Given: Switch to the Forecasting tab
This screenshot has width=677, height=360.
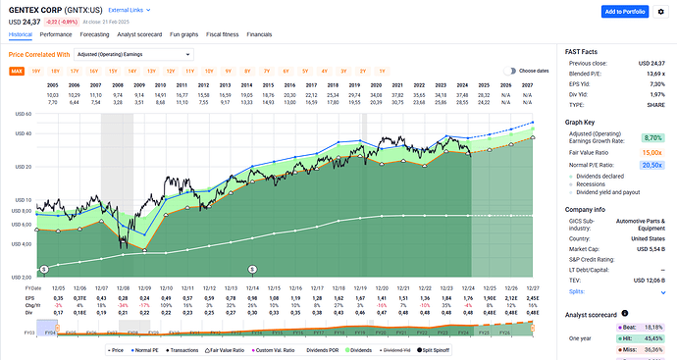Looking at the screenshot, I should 95,33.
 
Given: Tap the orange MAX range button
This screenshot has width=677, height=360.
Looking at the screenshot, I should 17,71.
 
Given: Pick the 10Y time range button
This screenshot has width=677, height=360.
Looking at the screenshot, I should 206,71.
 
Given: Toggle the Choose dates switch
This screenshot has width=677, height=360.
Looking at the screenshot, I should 510,71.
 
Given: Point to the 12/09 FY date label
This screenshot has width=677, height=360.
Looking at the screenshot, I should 143,287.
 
